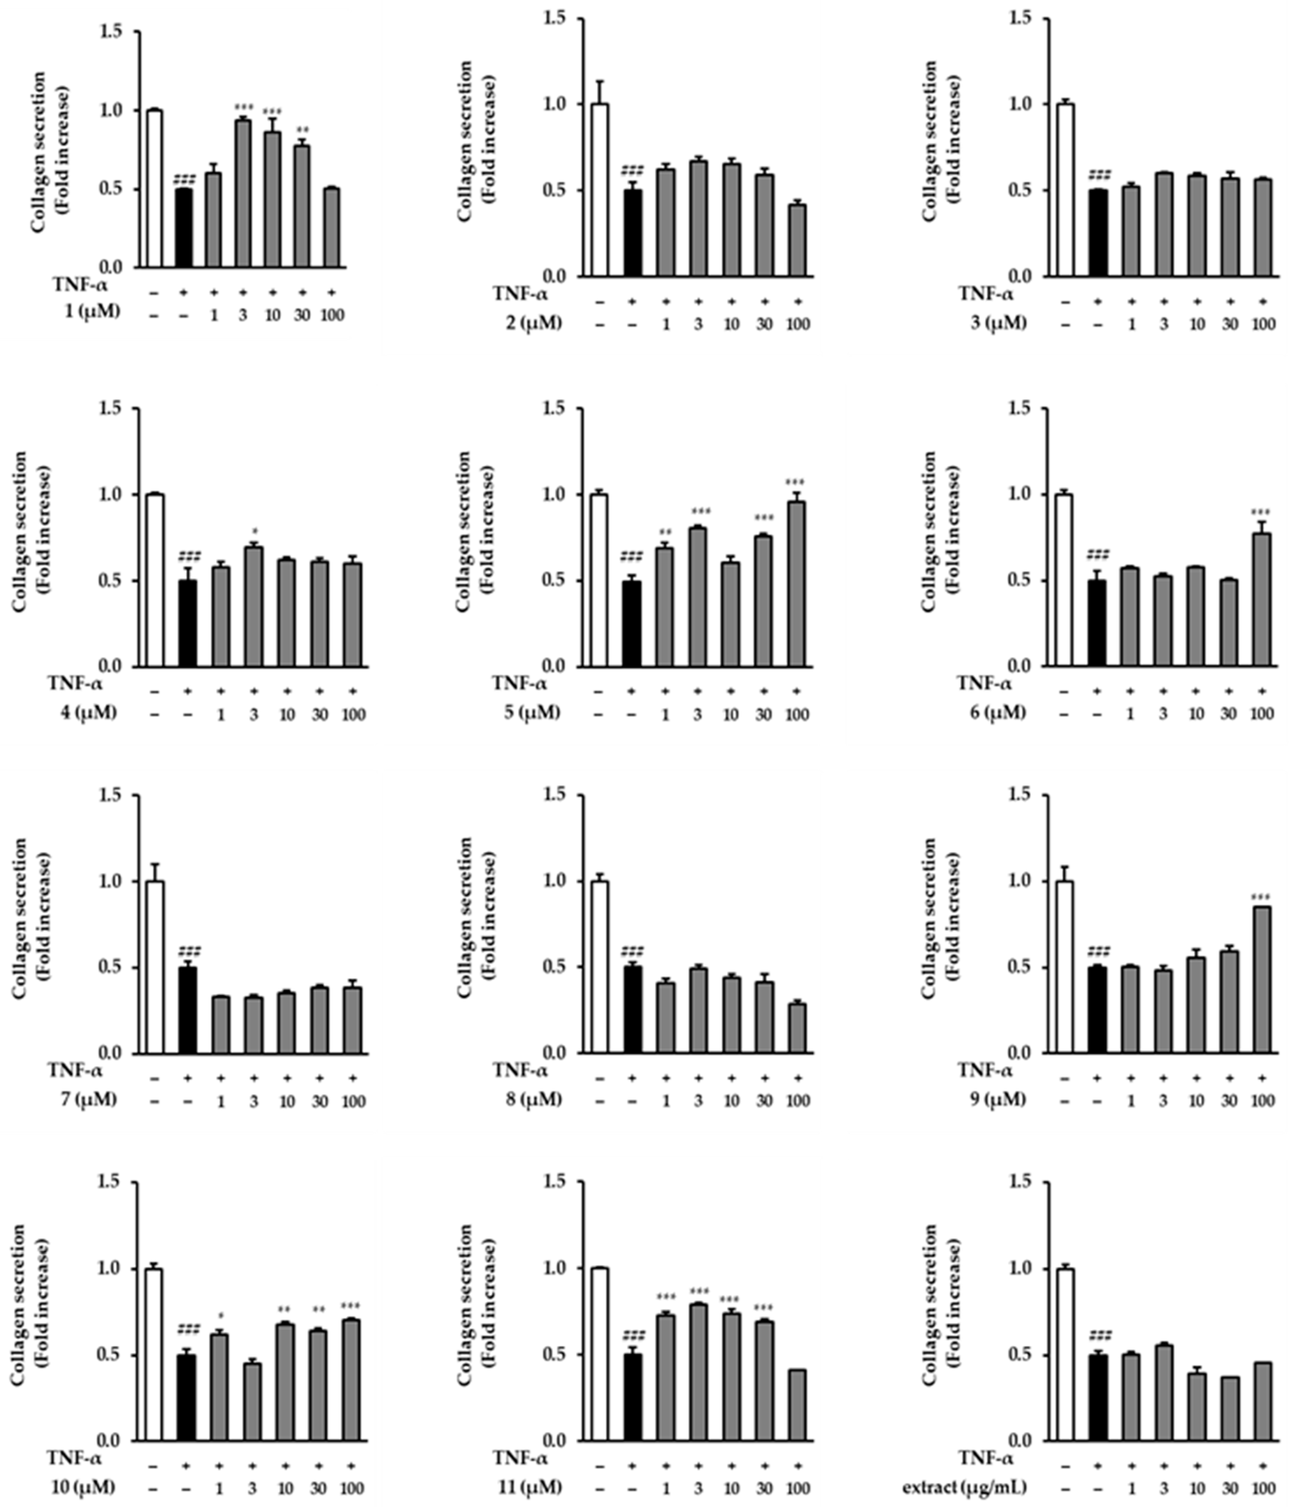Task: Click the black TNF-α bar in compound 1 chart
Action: click(183, 229)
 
